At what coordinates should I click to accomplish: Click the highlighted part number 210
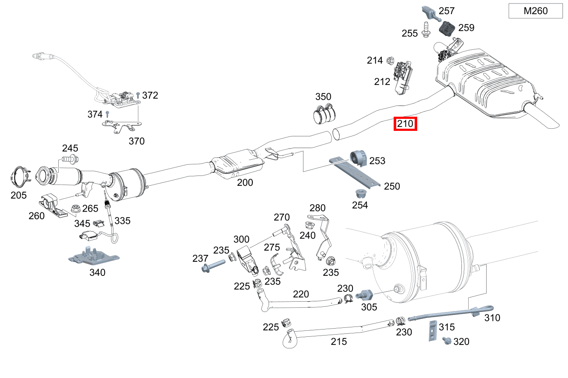[405, 124]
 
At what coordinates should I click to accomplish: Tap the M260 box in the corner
[535, 11]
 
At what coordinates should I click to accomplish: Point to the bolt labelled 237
[212, 268]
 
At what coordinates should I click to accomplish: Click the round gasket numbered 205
[18, 177]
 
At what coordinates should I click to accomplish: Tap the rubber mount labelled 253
[358, 158]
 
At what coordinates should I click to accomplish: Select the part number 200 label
[245, 182]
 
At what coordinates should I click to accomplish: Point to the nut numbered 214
[390, 60]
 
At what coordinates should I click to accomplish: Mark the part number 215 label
[339, 342]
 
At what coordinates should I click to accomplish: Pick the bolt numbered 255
[426, 30]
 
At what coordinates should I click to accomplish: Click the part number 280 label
[317, 208]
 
